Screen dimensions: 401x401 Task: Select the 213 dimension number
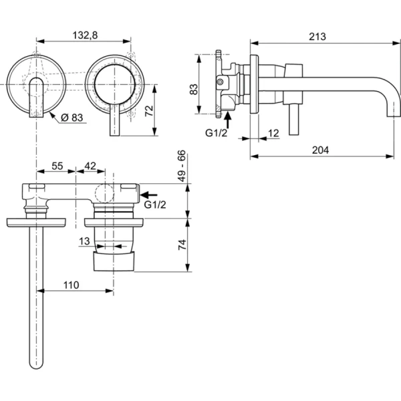[x=318, y=37]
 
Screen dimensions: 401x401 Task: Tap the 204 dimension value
[x=320, y=150]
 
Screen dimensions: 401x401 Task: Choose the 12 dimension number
[x=273, y=133]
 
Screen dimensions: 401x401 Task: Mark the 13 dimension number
[x=85, y=241]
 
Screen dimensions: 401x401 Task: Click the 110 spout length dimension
[x=71, y=285]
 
